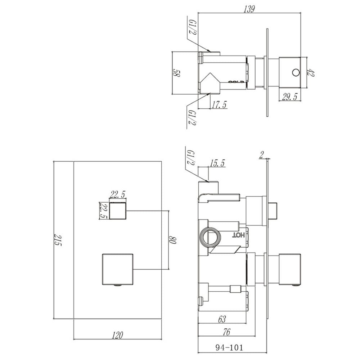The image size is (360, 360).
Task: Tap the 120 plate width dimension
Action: point(117,336)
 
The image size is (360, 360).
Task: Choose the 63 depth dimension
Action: point(222,318)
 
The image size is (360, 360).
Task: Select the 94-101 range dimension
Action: point(229,347)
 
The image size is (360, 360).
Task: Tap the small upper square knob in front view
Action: point(118,210)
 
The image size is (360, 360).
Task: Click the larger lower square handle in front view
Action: point(118,269)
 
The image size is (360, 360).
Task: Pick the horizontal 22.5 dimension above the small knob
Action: point(118,195)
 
